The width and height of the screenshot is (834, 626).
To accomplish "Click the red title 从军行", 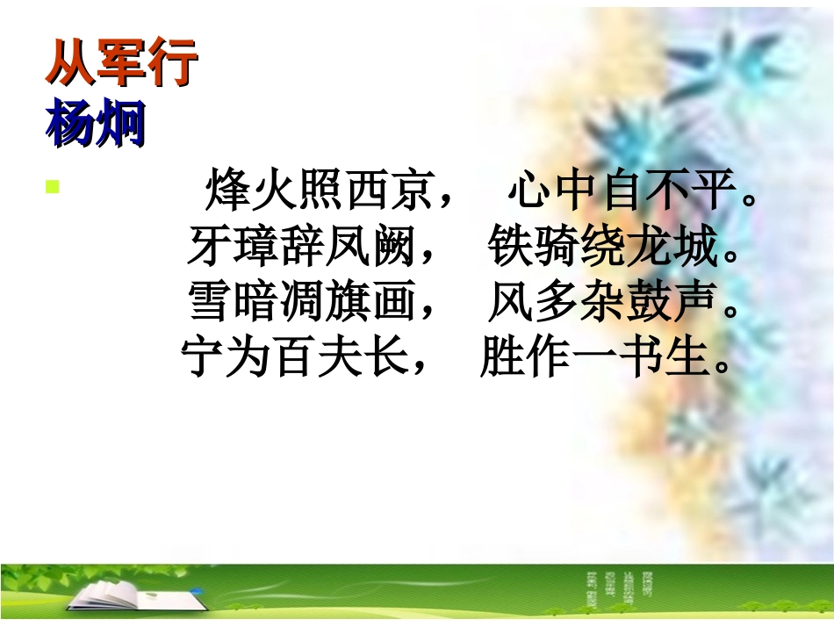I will [121, 65].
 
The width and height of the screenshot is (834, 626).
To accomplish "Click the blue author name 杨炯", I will [95, 123].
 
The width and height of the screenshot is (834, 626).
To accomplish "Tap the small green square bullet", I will [52, 186].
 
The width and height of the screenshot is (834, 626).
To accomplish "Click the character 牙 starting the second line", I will [209, 247].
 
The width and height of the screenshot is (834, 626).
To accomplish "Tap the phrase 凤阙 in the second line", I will [369, 247].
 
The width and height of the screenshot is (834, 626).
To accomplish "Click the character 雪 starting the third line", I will [211, 302].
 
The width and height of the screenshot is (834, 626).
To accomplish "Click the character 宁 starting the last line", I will [204, 357].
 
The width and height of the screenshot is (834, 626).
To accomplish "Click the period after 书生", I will [722, 367].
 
